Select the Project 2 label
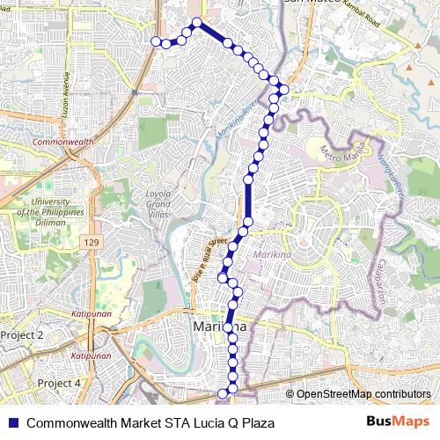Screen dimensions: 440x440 (x=22, y=335)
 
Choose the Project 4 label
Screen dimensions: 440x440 (x=60, y=383)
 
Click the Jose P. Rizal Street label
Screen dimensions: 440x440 (x=203, y=260)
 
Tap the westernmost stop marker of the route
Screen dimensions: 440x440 (x=156, y=41)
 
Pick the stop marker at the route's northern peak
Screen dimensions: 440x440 (x=197, y=23)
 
